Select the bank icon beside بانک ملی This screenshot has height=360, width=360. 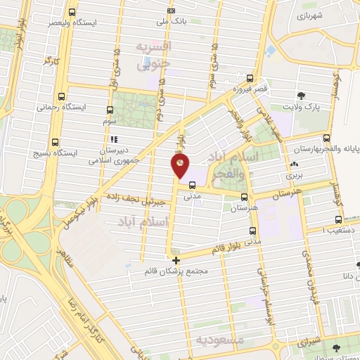point(172,12)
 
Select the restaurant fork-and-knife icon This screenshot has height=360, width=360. point(112,139)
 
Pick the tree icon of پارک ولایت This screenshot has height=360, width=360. point(302,95)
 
